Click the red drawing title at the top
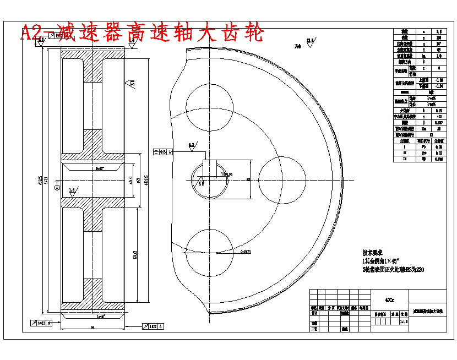click(142, 32)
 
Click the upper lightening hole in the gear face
click(209, 104)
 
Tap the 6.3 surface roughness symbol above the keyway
click(192, 145)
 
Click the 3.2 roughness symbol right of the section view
click(132, 83)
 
